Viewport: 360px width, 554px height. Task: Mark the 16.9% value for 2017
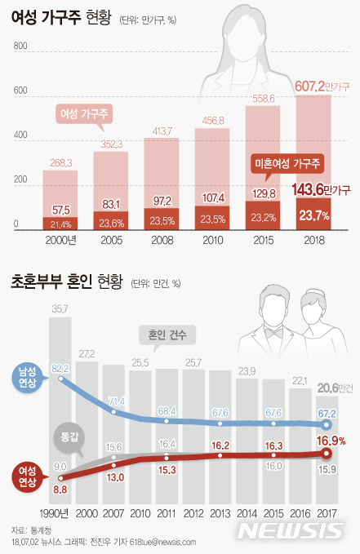point(331,441)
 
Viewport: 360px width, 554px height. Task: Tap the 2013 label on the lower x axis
point(220,512)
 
